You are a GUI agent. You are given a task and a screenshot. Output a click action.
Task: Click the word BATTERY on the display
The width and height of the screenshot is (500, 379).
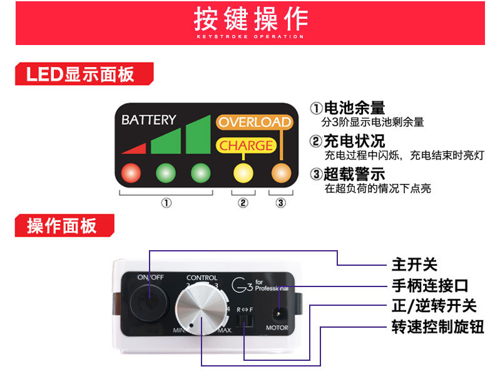tap(149, 119)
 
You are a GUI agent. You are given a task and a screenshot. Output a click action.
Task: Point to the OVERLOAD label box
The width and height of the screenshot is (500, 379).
tap(254, 122)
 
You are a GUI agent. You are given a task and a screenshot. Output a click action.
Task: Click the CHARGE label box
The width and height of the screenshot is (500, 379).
tap(246, 146)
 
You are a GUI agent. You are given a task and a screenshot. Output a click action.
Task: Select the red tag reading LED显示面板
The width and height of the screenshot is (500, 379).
tap(81, 74)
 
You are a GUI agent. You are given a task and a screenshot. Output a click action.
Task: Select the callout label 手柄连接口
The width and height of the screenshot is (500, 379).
tap(429, 286)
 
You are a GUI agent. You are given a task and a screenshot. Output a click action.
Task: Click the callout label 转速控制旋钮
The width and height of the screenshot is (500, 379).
tap(437, 326)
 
